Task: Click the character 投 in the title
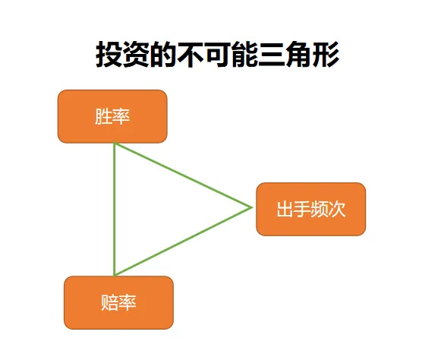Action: point(109,54)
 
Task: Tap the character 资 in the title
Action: point(136,54)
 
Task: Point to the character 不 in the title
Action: point(191,54)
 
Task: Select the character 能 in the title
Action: point(245,54)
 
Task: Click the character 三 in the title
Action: point(272,54)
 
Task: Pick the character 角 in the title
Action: point(299,54)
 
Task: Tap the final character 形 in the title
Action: point(326,54)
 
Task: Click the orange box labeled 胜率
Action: point(112,116)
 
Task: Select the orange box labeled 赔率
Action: point(118,302)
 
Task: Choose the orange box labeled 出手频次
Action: point(311,209)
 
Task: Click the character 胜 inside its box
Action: point(104,117)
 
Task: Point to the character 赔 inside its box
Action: point(110,302)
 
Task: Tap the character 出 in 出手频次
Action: point(285,209)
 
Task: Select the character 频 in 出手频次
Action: point(320,209)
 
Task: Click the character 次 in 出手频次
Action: point(337,209)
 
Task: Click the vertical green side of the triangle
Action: point(114,209)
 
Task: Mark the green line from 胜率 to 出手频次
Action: point(183,175)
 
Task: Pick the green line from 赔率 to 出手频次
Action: point(183,242)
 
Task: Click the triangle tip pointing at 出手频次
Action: point(252,207)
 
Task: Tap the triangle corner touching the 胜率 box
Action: point(115,143)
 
